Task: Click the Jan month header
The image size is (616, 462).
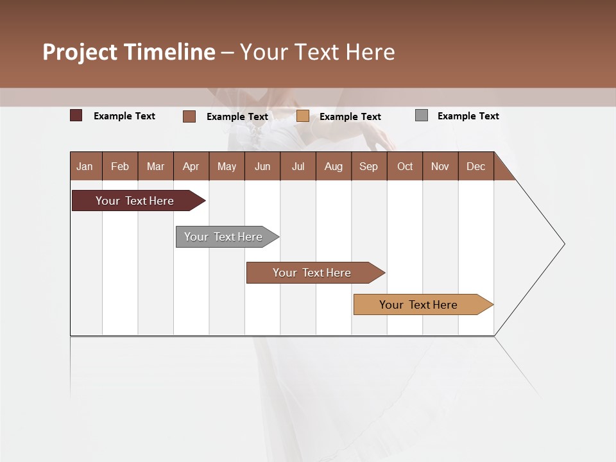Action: tap(85, 166)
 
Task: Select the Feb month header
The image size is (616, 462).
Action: tap(120, 166)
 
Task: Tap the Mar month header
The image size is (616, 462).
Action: tap(155, 166)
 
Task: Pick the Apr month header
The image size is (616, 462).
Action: tap(191, 166)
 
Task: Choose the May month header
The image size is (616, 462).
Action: tap(227, 166)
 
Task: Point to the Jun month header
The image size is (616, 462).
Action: tap(262, 166)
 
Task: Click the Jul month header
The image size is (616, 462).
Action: tap(298, 166)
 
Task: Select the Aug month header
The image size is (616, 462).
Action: tap(334, 166)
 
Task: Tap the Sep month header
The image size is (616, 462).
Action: tap(369, 166)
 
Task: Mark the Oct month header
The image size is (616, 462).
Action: tap(405, 166)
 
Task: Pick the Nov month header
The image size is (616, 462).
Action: tap(440, 166)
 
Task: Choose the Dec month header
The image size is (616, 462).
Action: tap(476, 166)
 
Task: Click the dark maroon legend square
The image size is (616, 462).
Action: tap(76, 116)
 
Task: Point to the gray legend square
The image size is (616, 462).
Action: tap(422, 116)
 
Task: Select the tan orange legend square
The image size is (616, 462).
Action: tap(303, 116)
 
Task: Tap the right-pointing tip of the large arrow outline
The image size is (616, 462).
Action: tap(563, 244)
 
